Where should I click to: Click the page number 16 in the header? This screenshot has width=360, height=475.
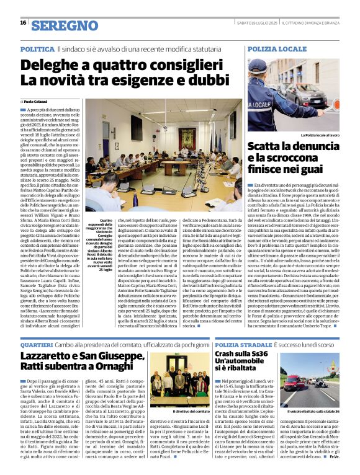pos(23,23)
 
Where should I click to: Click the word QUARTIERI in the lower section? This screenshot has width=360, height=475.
pos(37,344)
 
